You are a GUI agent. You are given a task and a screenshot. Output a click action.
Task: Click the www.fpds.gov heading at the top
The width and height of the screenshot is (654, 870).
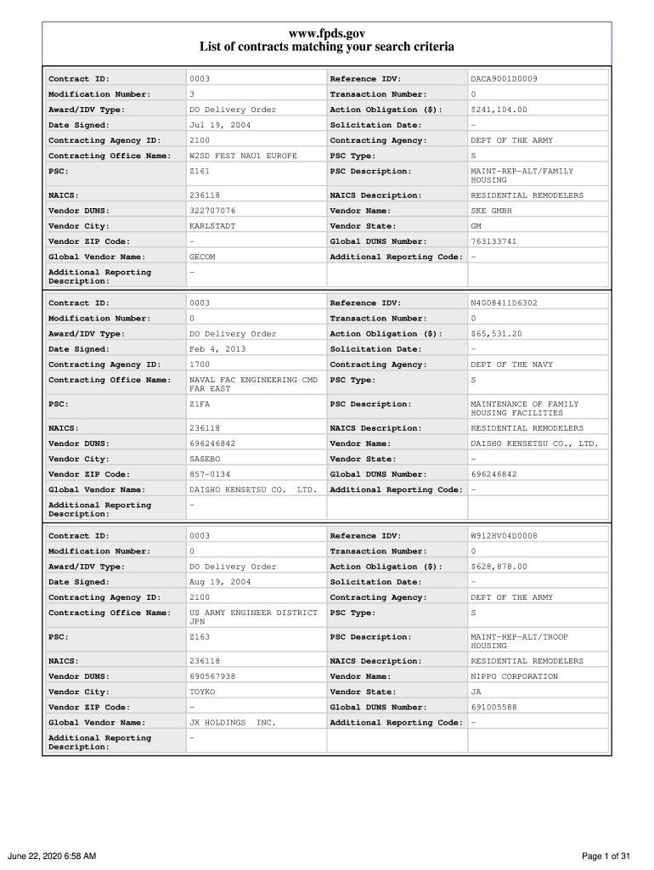pyautogui.click(x=327, y=33)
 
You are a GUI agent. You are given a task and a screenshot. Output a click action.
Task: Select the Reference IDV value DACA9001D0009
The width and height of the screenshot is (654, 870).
pyautogui.click(x=504, y=79)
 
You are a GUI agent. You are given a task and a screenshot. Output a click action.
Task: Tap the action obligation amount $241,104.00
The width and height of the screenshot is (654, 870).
pyautogui.click(x=499, y=110)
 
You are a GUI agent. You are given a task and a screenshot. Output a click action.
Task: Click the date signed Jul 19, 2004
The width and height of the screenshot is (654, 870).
pyautogui.click(x=219, y=125)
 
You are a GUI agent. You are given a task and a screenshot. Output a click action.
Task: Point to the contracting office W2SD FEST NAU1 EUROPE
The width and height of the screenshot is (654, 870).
pyautogui.click(x=243, y=156)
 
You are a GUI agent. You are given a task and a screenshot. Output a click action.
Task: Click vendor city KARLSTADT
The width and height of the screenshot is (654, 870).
pyautogui.click(x=212, y=226)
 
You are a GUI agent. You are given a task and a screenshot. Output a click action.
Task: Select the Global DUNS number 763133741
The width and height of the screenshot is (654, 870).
pyautogui.click(x=493, y=241)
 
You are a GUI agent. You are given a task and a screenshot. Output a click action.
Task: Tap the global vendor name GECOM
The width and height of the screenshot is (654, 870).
pyautogui.click(x=202, y=257)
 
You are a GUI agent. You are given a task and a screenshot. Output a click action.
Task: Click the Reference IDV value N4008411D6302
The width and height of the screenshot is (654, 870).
pyautogui.click(x=504, y=303)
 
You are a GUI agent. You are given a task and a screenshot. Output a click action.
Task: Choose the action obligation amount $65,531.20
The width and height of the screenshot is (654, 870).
pyautogui.click(x=496, y=334)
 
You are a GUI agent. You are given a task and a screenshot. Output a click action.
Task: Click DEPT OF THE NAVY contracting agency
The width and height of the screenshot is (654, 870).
pyautogui.click(x=511, y=364)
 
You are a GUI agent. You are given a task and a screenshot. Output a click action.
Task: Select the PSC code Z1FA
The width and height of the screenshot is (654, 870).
pyautogui.click(x=200, y=404)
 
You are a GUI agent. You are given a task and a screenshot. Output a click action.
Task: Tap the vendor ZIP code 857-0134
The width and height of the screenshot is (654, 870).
pyautogui.click(x=209, y=474)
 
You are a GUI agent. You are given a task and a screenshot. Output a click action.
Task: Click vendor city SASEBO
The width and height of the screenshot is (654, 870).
pyautogui.click(x=205, y=459)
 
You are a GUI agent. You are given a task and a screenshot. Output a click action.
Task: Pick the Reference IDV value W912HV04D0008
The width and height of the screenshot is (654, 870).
pyautogui.click(x=504, y=536)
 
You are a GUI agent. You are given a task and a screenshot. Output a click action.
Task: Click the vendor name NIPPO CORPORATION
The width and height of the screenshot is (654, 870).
pyautogui.click(x=514, y=676)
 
